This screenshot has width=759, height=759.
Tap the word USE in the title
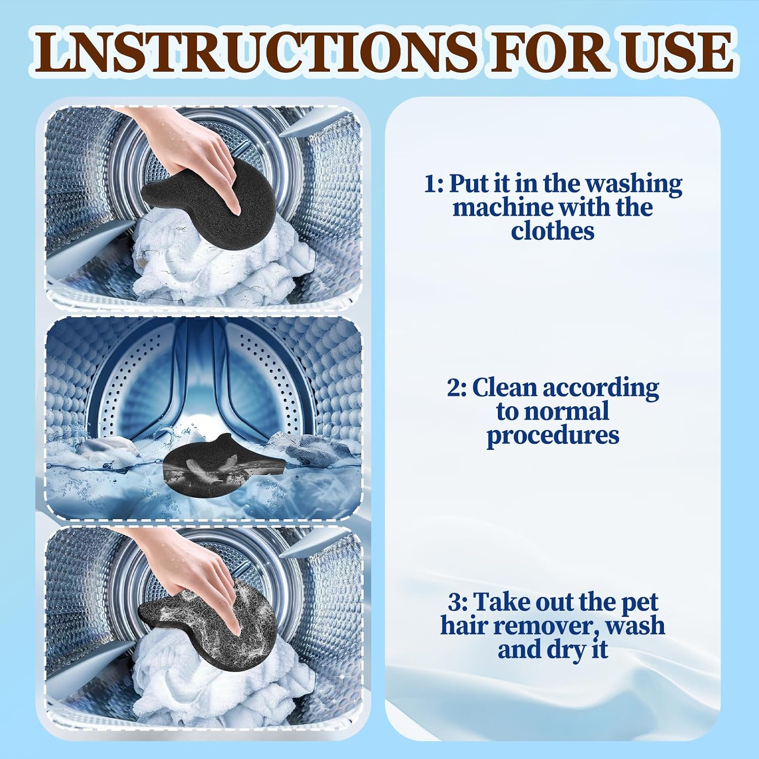pyautogui.click(x=679, y=52)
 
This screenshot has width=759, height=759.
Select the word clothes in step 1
pyautogui.click(x=553, y=231)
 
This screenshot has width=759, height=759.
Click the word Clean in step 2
pyautogui.click(x=504, y=388)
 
